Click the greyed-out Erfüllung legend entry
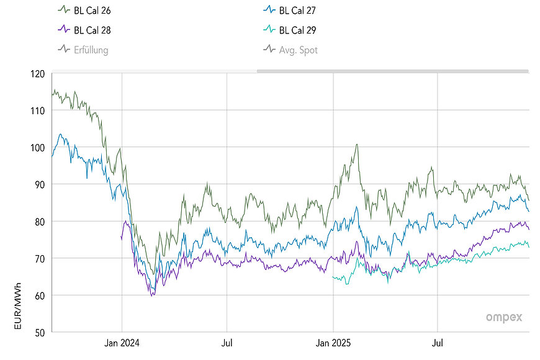click(91, 50)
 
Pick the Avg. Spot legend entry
click(298, 50)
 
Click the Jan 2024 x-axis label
click(122, 342)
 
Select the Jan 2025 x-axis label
click(333, 342)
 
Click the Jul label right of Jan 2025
click(438, 342)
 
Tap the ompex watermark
click(503, 317)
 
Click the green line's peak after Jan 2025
click(356, 145)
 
